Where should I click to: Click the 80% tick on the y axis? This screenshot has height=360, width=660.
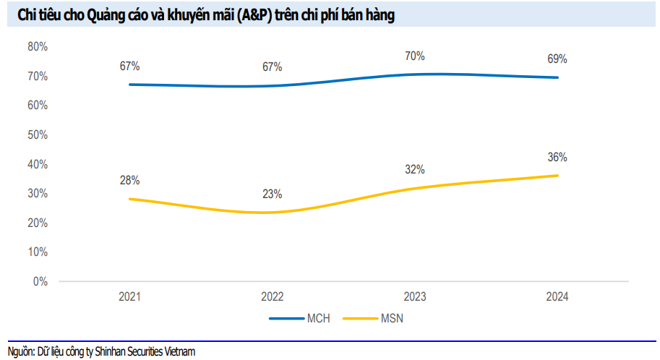tap(38, 47)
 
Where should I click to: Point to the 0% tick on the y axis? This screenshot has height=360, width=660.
tap(40, 281)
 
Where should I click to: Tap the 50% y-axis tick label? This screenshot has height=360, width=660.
tap(38, 135)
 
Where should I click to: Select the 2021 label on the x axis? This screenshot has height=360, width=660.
tap(130, 297)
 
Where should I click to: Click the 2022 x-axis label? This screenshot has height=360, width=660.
tap(273, 297)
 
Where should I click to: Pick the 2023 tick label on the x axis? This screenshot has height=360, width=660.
tap(415, 297)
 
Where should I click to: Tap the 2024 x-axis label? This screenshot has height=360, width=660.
tap(557, 297)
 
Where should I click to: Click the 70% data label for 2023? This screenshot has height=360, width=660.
tap(415, 56)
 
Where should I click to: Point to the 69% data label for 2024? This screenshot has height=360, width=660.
tap(557, 59)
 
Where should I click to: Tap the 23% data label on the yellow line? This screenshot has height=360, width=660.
tap(273, 194)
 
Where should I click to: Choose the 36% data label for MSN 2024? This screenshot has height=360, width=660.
tap(557, 158)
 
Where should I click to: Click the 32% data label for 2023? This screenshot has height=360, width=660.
tap(415, 170)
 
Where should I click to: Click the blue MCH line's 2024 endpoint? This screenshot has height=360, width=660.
tap(557, 77)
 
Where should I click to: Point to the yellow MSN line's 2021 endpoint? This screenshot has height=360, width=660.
tap(130, 199)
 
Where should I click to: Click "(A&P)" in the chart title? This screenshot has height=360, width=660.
tap(248, 16)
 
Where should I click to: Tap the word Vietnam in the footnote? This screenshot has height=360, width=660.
tap(179, 352)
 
